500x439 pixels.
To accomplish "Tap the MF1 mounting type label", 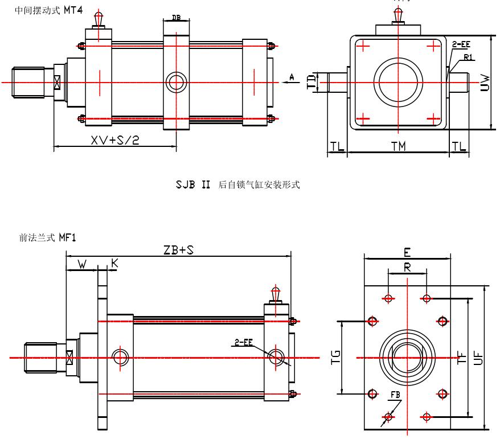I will pyautogui.click(x=67, y=237).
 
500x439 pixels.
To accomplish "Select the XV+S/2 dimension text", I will pyautogui.click(x=115, y=140).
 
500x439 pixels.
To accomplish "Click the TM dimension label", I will pyautogui.click(x=399, y=146).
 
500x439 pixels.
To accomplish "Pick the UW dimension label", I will pyautogui.click(x=485, y=84).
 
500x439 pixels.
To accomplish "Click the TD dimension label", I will pyautogui.click(x=311, y=82).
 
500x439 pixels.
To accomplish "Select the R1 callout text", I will pyautogui.click(x=468, y=58).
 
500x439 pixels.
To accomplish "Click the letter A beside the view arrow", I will pyautogui.click(x=292, y=76).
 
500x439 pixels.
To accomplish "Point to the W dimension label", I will pyautogui.click(x=81, y=264).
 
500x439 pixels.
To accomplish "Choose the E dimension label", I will pyautogui.click(x=407, y=252).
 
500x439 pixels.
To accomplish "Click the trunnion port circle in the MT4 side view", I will pyautogui.click(x=175, y=82).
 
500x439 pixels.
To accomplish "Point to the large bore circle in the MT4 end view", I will pyautogui.click(x=398, y=82).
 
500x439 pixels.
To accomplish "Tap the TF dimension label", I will pyautogui.click(x=462, y=357).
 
